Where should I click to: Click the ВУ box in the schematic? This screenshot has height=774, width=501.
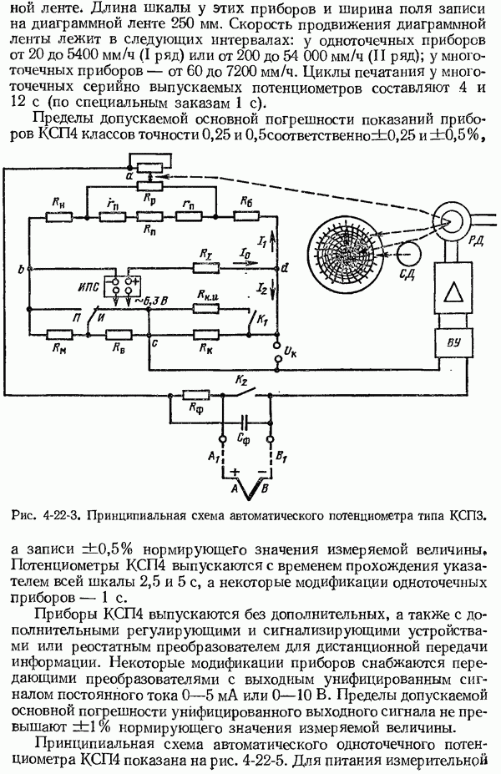452,342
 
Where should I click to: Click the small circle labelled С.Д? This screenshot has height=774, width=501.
406,251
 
